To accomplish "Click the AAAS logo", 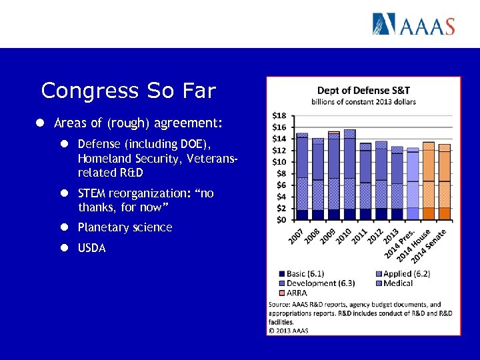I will coord(413,25).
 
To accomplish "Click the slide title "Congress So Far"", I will coord(128,90).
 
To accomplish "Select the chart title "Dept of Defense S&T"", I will coord(363,91).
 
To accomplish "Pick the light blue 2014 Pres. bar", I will coord(413,184).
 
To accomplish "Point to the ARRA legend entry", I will coord(293,293).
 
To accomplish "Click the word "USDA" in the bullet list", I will coord(91,249).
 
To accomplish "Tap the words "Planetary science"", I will coord(125,227).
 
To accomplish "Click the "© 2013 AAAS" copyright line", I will coord(289,329).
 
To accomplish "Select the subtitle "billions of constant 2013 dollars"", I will coord(363,102).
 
